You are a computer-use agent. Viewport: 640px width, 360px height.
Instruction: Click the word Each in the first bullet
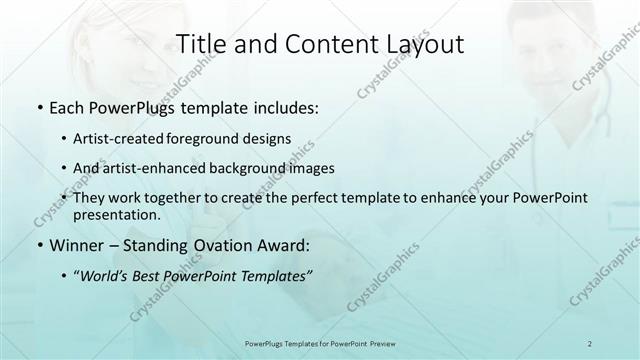65,108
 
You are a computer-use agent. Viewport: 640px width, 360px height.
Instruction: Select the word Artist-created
136,140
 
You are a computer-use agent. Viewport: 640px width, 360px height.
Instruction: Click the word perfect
319,198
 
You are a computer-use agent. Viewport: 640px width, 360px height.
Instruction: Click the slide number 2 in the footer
590,343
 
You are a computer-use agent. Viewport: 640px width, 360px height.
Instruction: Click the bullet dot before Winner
38,246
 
